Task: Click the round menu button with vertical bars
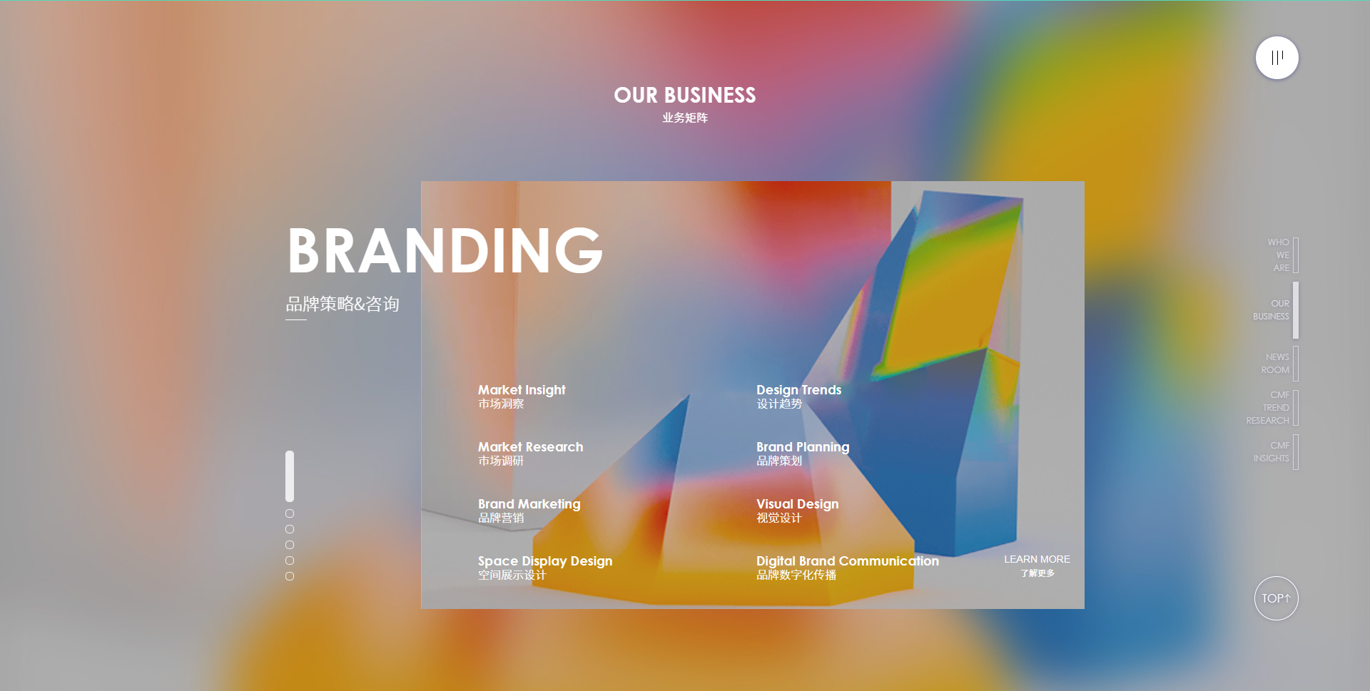point(1277,58)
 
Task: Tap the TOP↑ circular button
point(1276,598)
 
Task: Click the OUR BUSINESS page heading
point(685,95)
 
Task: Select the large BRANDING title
point(445,250)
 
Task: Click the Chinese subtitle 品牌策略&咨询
point(342,304)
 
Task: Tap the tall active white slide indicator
point(290,476)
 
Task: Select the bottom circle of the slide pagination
point(290,576)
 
